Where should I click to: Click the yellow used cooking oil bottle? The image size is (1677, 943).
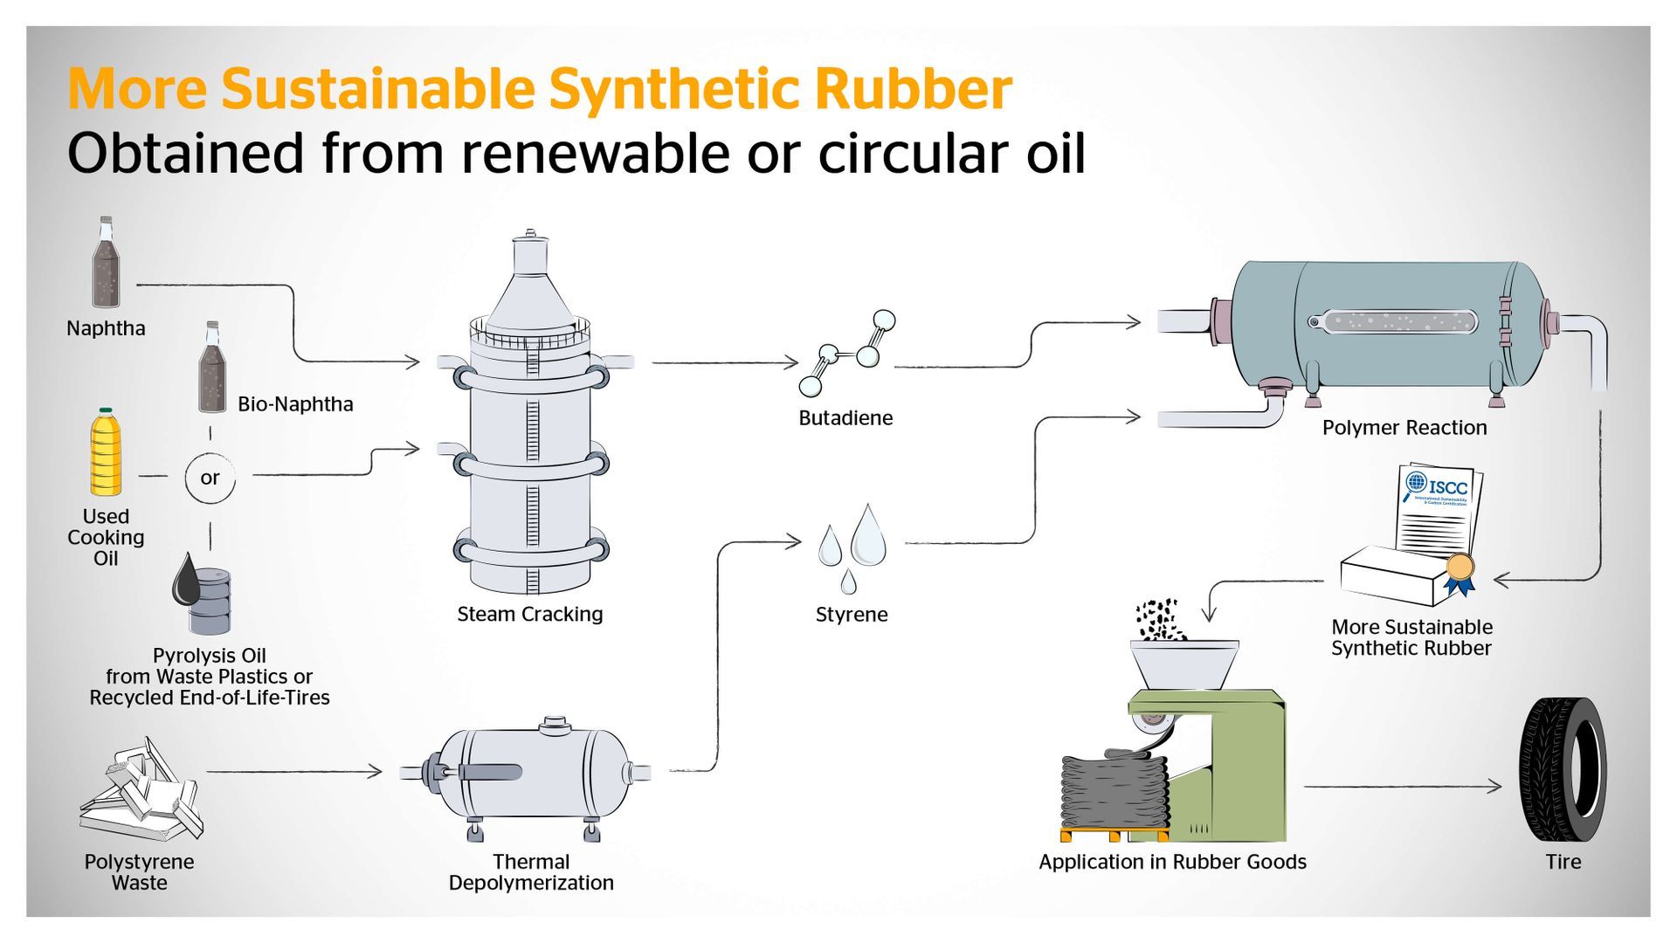(x=105, y=454)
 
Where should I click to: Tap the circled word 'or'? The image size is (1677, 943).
(x=210, y=478)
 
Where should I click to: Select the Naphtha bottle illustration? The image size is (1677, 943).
(x=106, y=264)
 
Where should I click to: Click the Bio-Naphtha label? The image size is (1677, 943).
(x=295, y=404)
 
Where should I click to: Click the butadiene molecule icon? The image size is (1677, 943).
(x=846, y=354)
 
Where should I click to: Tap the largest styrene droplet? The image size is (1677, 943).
(x=868, y=535)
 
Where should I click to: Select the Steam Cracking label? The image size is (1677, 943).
(x=529, y=614)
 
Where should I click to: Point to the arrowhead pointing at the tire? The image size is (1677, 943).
(x=1495, y=786)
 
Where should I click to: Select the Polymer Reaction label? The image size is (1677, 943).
(x=1404, y=428)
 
